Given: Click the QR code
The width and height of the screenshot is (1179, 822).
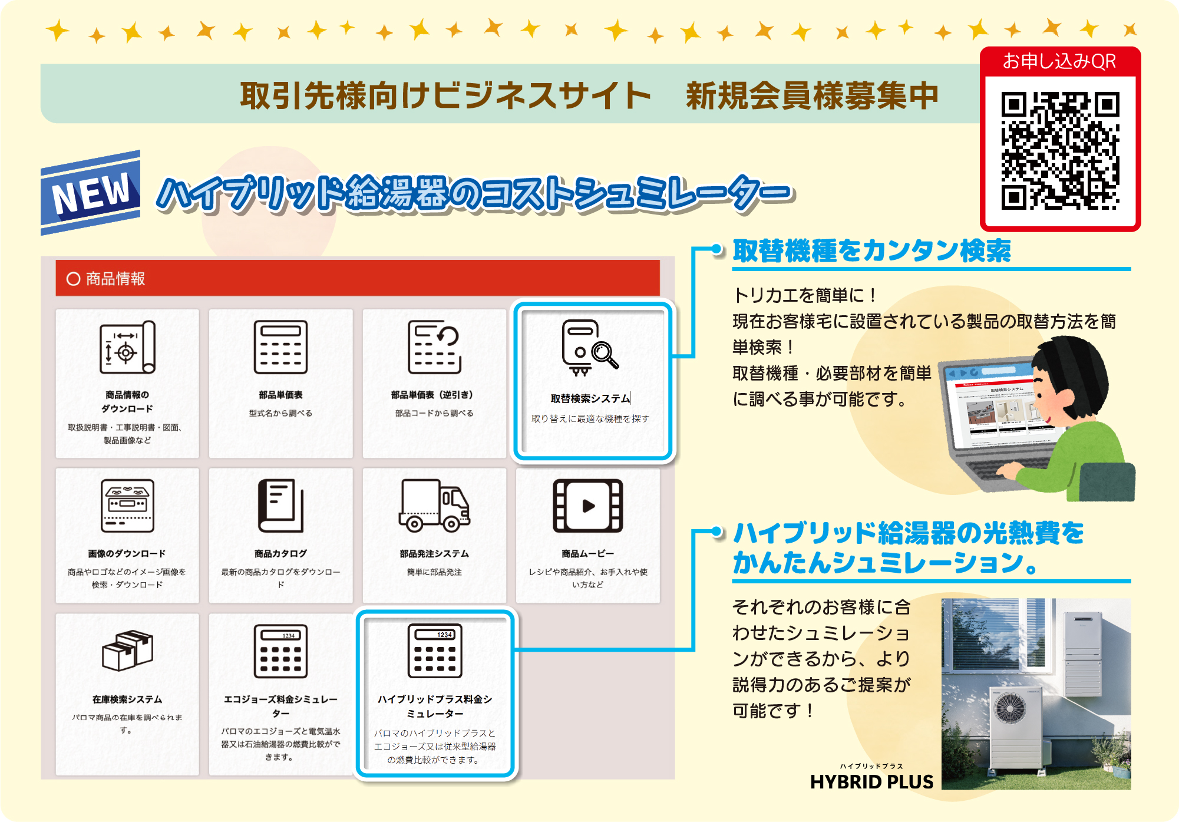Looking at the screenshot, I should pyautogui.click(x=1060, y=151).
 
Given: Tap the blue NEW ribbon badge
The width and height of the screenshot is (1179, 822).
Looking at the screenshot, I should pyautogui.click(x=91, y=192).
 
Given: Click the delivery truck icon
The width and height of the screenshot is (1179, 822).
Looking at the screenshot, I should pyautogui.click(x=434, y=506).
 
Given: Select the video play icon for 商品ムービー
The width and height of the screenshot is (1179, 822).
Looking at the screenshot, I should pyautogui.click(x=587, y=506).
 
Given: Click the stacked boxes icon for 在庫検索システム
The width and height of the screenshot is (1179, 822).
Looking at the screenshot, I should pyautogui.click(x=127, y=651).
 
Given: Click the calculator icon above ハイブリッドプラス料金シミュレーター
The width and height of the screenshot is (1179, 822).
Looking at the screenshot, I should pyautogui.click(x=435, y=651).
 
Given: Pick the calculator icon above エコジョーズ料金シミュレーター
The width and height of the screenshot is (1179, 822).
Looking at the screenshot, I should pyautogui.click(x=280, y=651).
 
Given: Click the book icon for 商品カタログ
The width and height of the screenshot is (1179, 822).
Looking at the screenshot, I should pyautogui.click(x=280, y=506).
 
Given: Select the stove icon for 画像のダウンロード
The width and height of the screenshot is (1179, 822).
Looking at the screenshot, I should pyautogui.click(x=127, y=506).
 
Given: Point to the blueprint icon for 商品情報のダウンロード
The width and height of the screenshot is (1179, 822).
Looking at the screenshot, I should pyautogui.click(x=127, y=348).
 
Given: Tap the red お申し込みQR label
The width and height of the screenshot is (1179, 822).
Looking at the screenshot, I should pyautogui.click(x=1059, y=61).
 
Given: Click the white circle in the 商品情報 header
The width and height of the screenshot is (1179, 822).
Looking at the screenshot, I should pyautogui.click(x=73, y=279).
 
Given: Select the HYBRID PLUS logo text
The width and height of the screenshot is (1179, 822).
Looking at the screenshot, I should pyautogui.click(x=871, y=782).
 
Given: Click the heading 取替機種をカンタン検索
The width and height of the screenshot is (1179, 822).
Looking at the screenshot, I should pyautogui.click(x=871, y=251).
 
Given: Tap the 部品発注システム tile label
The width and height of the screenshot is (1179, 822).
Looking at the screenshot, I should pyautogui.click(x=434, y=554).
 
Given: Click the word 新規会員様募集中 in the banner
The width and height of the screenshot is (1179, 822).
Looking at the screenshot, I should pyautogui.click(x=811, y=95).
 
